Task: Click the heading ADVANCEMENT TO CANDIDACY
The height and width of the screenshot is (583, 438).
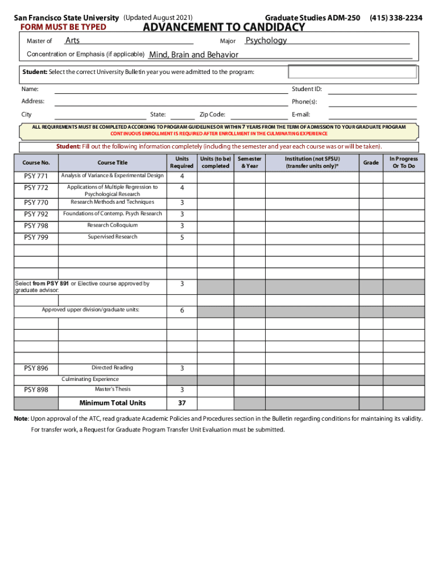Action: point(224,27)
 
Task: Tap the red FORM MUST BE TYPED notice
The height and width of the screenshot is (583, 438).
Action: point(56,27)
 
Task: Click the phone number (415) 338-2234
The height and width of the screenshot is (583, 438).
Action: point(396,18)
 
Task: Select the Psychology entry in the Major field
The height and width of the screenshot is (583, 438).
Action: point(266,40)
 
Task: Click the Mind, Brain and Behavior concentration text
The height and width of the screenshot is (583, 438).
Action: point(193,55)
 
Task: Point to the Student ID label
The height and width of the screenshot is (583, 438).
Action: point(307,89)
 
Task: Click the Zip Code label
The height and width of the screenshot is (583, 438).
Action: point(212,114)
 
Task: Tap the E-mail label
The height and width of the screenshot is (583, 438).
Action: point(301,114)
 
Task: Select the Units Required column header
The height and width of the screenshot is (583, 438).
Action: point(182,162)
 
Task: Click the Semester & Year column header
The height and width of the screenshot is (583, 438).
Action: point(249,162)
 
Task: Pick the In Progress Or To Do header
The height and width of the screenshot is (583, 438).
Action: point(403,162)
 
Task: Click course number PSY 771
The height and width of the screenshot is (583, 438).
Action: point(36,176)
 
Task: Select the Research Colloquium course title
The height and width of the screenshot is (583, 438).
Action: point(112,225)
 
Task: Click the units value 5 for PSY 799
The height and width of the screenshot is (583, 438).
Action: point(182,237)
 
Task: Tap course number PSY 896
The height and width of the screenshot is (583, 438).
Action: point(36,368)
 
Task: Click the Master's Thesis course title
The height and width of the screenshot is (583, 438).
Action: point(112,389)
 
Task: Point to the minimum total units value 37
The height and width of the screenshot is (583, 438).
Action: point(182,403)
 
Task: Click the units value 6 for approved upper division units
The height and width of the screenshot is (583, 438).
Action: point(182,311)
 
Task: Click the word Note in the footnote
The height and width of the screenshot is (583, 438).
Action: point(20,418)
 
